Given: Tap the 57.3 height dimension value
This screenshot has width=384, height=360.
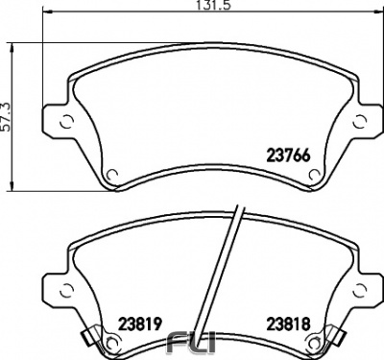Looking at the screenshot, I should coord(7,116).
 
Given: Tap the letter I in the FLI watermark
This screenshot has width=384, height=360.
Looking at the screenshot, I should coord(211,342).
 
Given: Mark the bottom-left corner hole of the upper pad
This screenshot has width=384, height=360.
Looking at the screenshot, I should coord(110,174).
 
